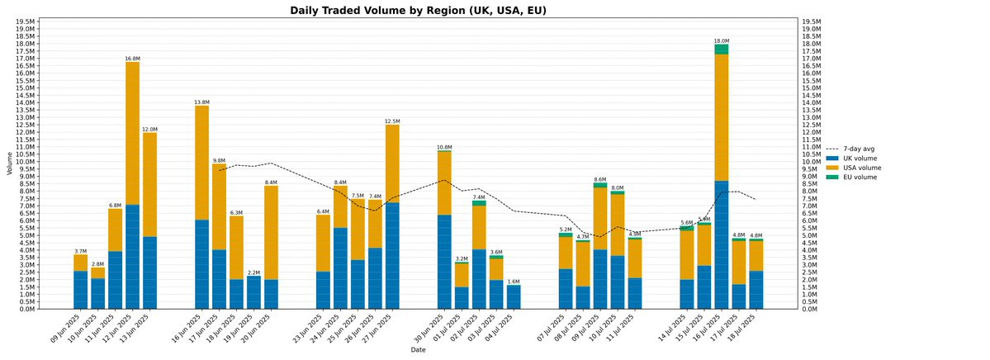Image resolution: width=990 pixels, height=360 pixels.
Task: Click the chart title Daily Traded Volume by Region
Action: click(x=418, y=11)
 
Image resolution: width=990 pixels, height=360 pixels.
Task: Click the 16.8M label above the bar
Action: click(x=132, y=59)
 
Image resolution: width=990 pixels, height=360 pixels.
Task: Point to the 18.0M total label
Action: click(x=722, y=40)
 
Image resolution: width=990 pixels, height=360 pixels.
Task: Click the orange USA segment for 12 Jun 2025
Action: click(x=132, y=133)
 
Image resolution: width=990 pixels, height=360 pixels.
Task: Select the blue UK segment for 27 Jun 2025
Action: click(x=392, y=255)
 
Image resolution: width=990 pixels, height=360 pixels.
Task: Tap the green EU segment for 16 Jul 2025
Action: click(x=722, y=50)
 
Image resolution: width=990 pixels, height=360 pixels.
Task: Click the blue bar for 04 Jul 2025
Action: click(x=514, y=297)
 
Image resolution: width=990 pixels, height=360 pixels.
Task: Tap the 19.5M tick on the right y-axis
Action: click(x=812, y=21)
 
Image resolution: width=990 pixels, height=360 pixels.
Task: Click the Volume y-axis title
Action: click(x=9, y=163)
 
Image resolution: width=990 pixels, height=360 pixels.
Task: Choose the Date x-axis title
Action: click(x=418, y=350)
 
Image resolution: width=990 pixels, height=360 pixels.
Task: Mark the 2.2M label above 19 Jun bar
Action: click(x=253, y=272)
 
